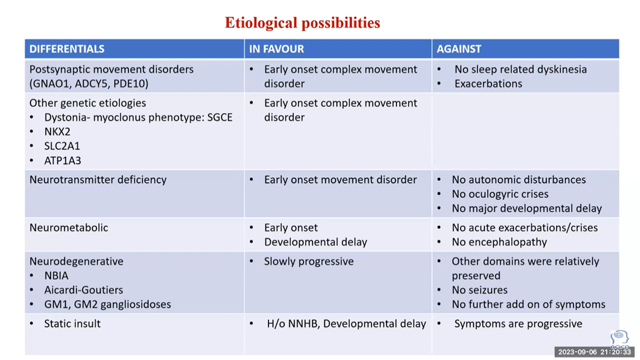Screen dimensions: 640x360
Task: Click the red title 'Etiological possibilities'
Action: tap(302, 23)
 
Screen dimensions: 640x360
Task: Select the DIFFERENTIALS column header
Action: tap(67, 49)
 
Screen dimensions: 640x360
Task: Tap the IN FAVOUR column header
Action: tap(276, 49)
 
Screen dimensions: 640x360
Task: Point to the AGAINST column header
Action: tap(459, 49)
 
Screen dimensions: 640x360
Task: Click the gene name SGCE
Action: tap(219, 117)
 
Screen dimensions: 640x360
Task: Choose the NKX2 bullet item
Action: tap(57, 131)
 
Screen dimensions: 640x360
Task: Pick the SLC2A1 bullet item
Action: tap(62, 146)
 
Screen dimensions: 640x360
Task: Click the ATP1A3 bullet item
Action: tap(62, 160)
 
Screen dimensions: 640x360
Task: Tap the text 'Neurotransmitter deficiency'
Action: tap(98, 179)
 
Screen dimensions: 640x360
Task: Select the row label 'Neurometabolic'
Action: tap(69, 227)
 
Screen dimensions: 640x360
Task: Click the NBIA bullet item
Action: tap(56, 275)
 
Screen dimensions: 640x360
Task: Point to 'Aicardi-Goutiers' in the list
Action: tap(83, 290)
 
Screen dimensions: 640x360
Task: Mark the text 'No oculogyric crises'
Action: tap(500, 194)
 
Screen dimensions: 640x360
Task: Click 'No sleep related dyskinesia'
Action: tap(520, 69)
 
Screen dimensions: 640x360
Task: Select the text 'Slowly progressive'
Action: tap(309, 261)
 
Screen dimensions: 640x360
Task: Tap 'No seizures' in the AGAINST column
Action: tap(479, 290)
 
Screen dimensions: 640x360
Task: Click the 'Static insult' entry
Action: tap(72, 323)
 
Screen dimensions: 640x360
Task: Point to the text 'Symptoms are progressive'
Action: tap(518, 324)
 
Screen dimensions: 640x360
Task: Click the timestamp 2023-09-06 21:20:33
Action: tap(594, 352)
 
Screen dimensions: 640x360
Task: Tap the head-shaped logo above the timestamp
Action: tap(619, 339)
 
